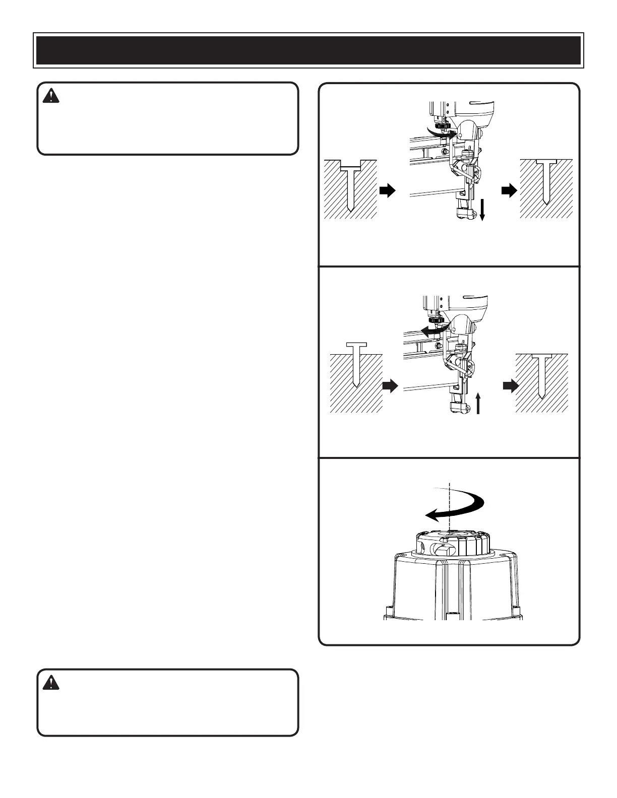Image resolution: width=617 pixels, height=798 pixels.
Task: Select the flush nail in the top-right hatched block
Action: [x=546, y=186]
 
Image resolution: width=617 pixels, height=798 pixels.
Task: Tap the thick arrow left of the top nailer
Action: [x=387, y=190]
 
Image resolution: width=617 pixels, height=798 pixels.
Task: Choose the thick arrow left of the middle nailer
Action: [x=390, y=386]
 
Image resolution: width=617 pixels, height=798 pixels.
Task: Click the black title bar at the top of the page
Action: [x=308, y=50]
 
